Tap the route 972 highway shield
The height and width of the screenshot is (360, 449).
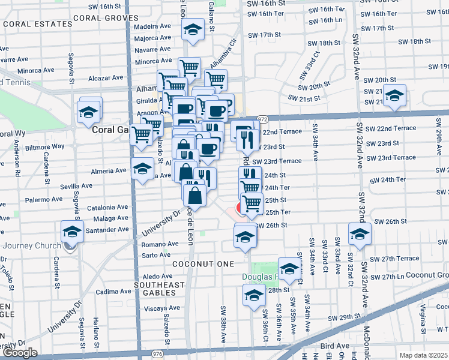click(x=262, y=119)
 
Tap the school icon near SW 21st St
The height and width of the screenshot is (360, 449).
click(x=394, y=95)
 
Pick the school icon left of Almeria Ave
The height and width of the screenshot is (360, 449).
click(x=142, y=169)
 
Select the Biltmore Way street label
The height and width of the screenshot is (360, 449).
click(x=49, y=146)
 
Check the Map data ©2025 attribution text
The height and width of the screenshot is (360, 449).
click(x=424, y=355)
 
